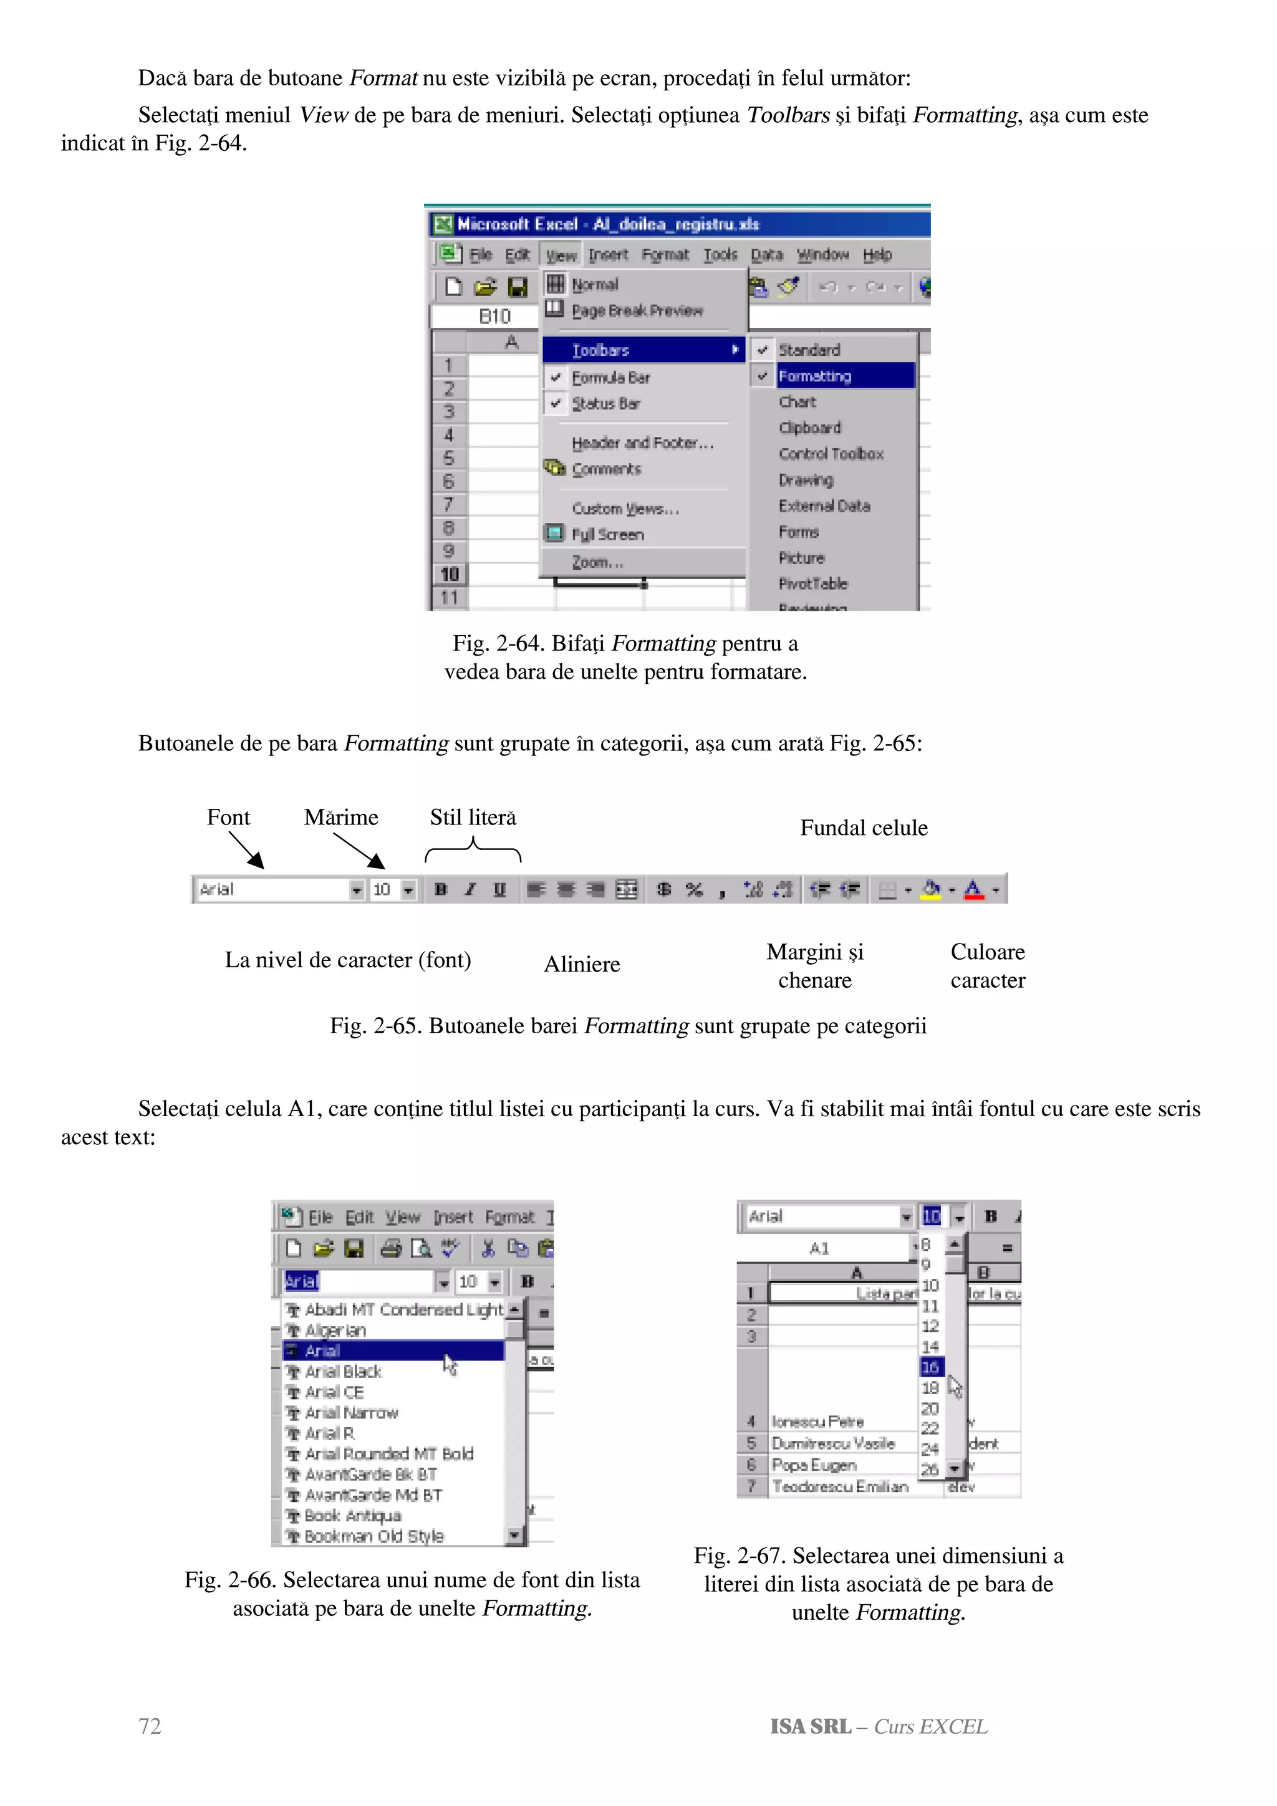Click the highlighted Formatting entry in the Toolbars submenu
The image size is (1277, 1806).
(x=815, y=376)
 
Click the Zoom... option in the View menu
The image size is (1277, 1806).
(x=597, y=562)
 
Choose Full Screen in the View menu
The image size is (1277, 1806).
(x=607, y=535)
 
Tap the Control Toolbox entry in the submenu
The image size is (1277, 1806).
(x=831, y=454)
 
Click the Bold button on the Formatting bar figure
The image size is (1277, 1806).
(x=441, y=890)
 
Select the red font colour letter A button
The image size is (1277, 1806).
(x=973, y=890)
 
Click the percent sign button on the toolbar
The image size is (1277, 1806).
(x=693, y=890)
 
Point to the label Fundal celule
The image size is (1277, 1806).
(x=863, y=828)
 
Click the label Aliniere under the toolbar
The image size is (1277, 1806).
(x=582, y=964)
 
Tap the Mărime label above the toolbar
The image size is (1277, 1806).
(x=340, y=817)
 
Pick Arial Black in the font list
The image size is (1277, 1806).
(x=343, y=1372)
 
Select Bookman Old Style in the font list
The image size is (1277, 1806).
(x=375, y=1536)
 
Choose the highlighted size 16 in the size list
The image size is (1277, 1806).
(x=931, y=1367)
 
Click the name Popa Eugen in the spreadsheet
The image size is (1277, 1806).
(x=814, y=1464)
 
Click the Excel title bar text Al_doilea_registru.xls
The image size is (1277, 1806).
(x=676, y=224)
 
